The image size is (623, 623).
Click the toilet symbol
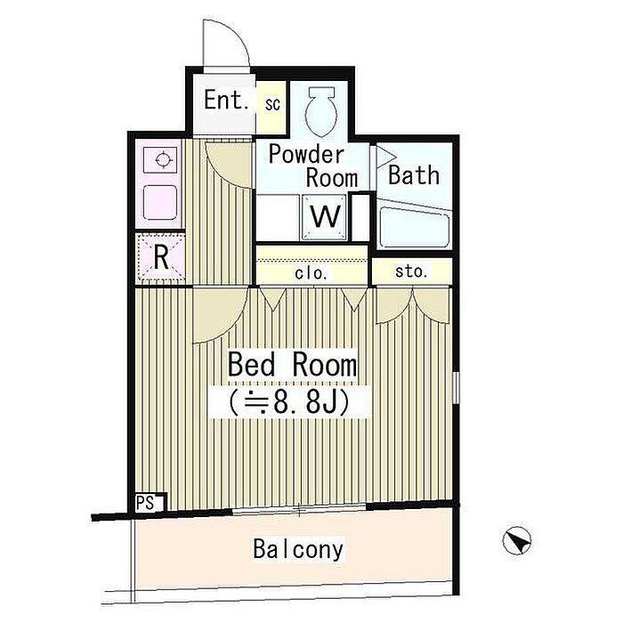point(321,111)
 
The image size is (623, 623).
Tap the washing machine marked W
point(325,217)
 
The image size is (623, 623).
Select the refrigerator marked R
point(161,257)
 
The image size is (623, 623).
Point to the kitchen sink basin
point(160,202)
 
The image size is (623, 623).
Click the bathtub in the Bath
point(415,228)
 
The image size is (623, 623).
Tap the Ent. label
point(226,100)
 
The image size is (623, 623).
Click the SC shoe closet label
point(272,104)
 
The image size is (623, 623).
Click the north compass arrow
point(516,540)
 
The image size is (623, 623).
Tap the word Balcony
point(298,549)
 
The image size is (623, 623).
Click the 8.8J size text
point(289,402)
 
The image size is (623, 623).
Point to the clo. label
point(311,273)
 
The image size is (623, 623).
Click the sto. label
point(411,271)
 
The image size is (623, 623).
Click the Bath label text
point(414,175)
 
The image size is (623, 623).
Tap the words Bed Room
point(292,364)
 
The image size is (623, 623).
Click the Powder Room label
point(312,166)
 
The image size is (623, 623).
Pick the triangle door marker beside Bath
point(384,157)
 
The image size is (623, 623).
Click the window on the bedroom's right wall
point(456,387)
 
